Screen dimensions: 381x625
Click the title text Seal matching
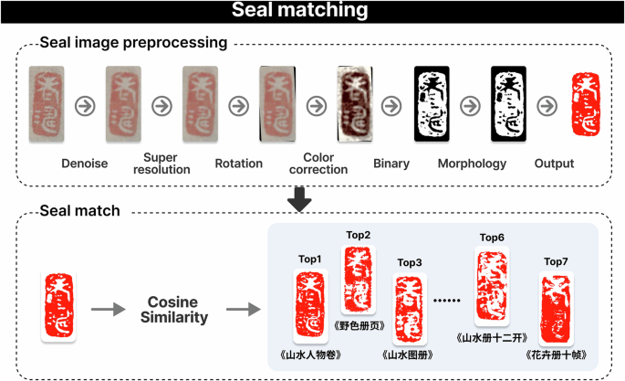312,11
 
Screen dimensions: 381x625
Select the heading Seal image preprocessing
133,43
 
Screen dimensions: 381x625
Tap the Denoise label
86,164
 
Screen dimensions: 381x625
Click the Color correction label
318,164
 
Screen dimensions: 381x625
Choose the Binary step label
391,164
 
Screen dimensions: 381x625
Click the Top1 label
310,259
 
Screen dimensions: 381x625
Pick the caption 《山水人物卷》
309,355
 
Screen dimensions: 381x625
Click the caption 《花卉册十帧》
556,355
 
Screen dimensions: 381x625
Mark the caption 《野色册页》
359,324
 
